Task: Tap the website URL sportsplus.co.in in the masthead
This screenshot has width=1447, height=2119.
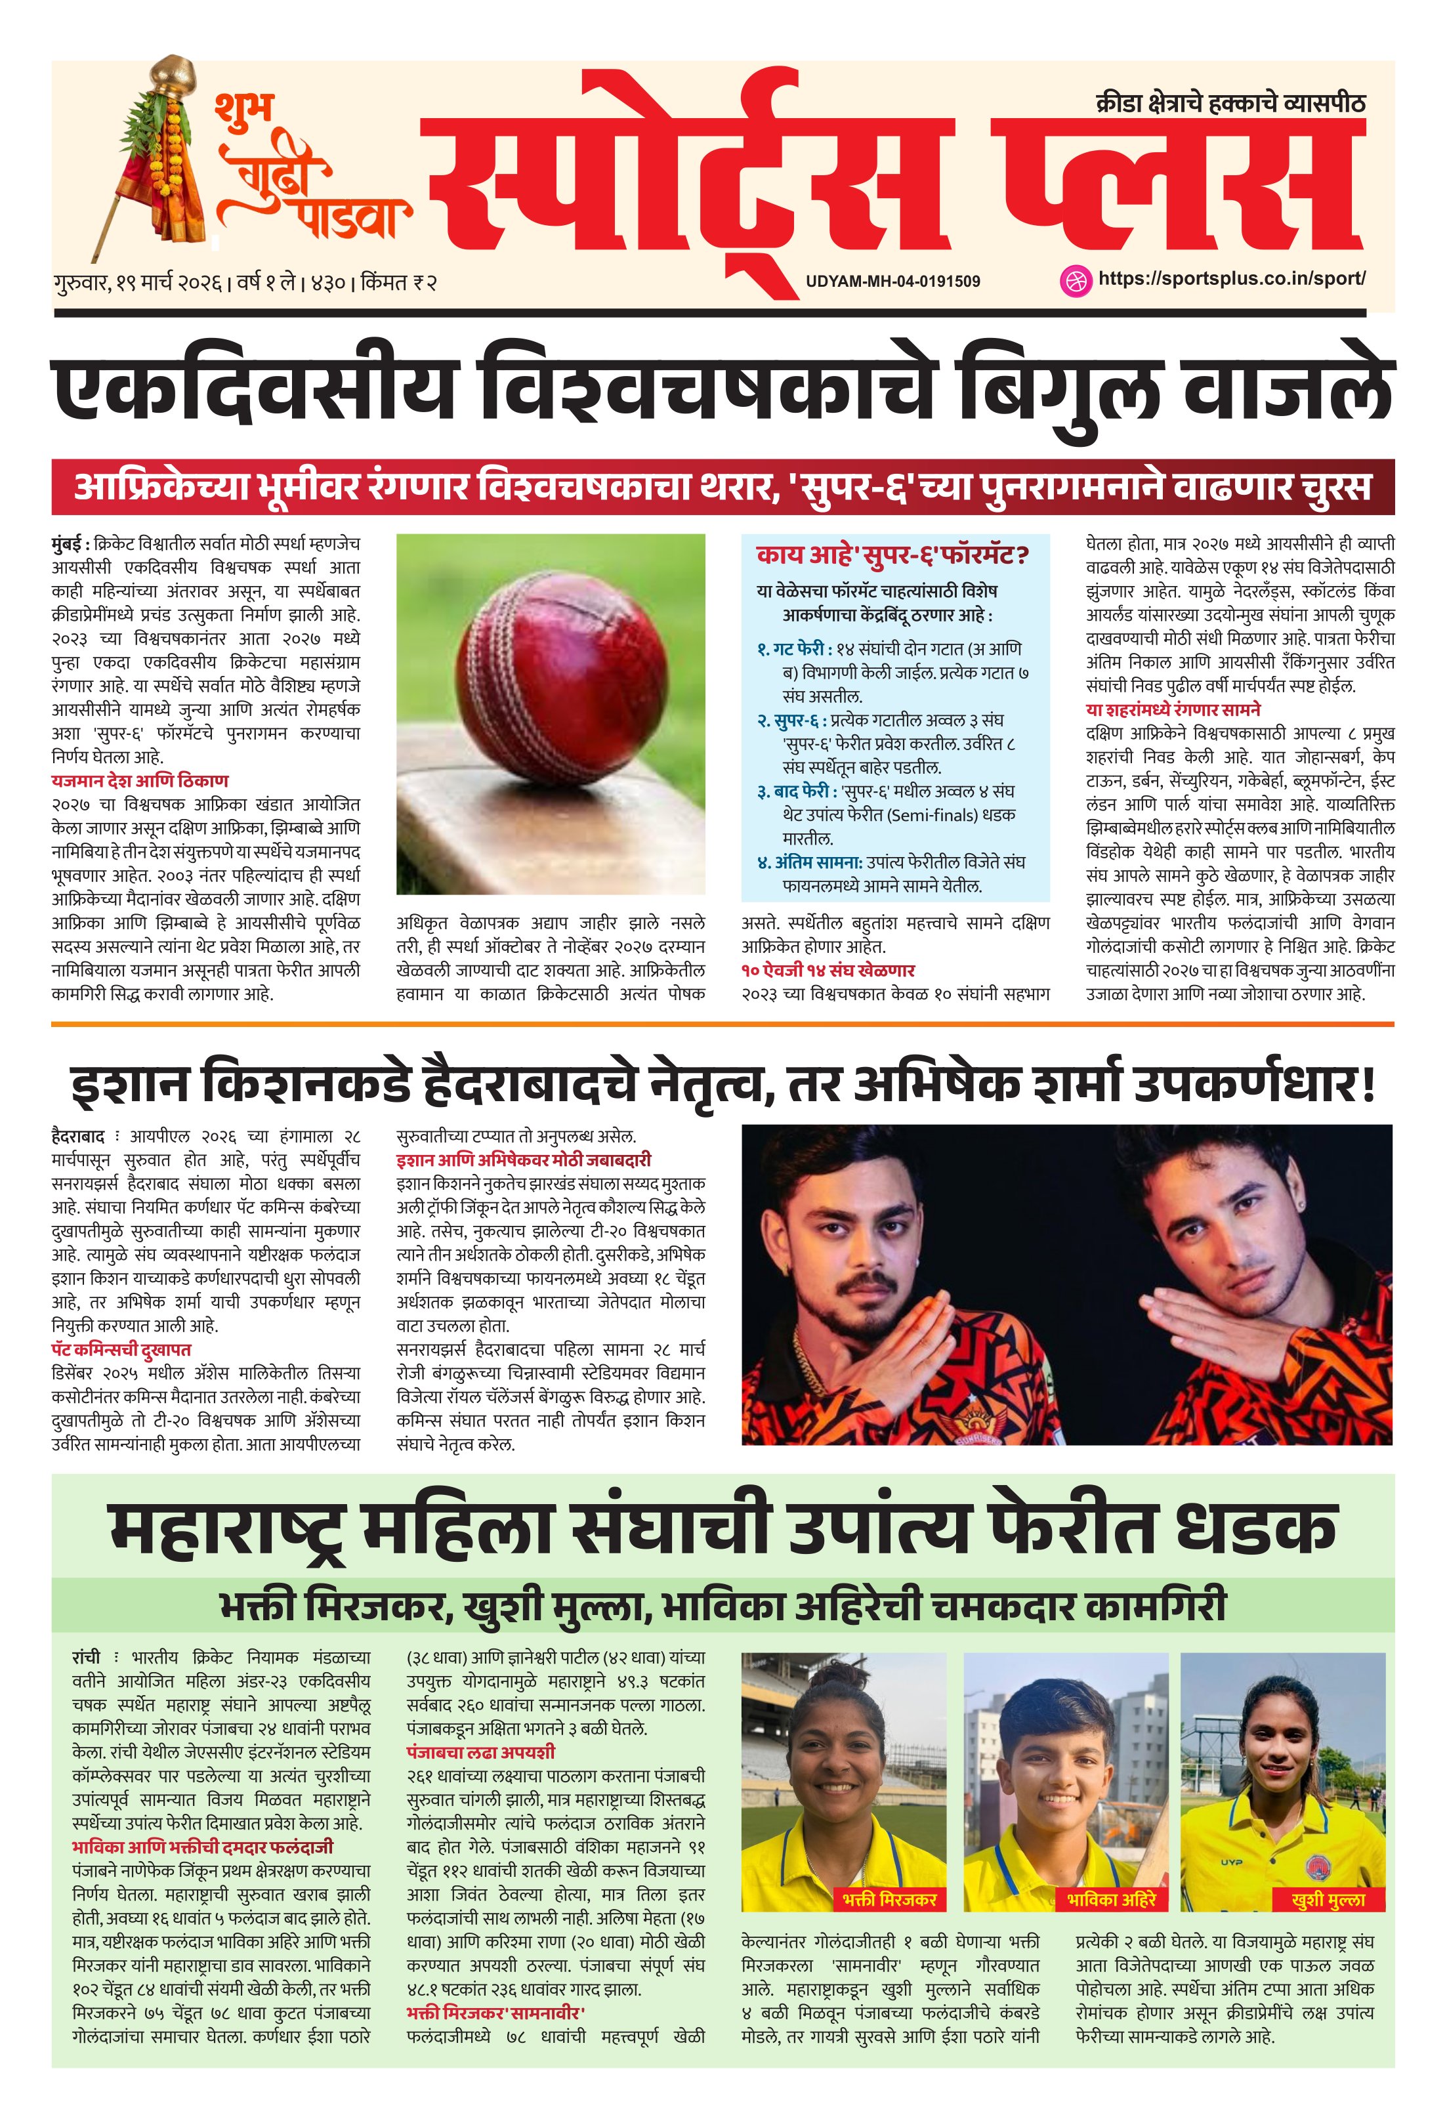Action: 1231,279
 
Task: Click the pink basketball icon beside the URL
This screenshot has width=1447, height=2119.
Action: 1076,280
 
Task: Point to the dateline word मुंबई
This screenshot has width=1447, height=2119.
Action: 70,544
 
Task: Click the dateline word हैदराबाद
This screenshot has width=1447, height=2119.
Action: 78,1137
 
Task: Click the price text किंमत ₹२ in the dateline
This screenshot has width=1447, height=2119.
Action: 398,283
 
